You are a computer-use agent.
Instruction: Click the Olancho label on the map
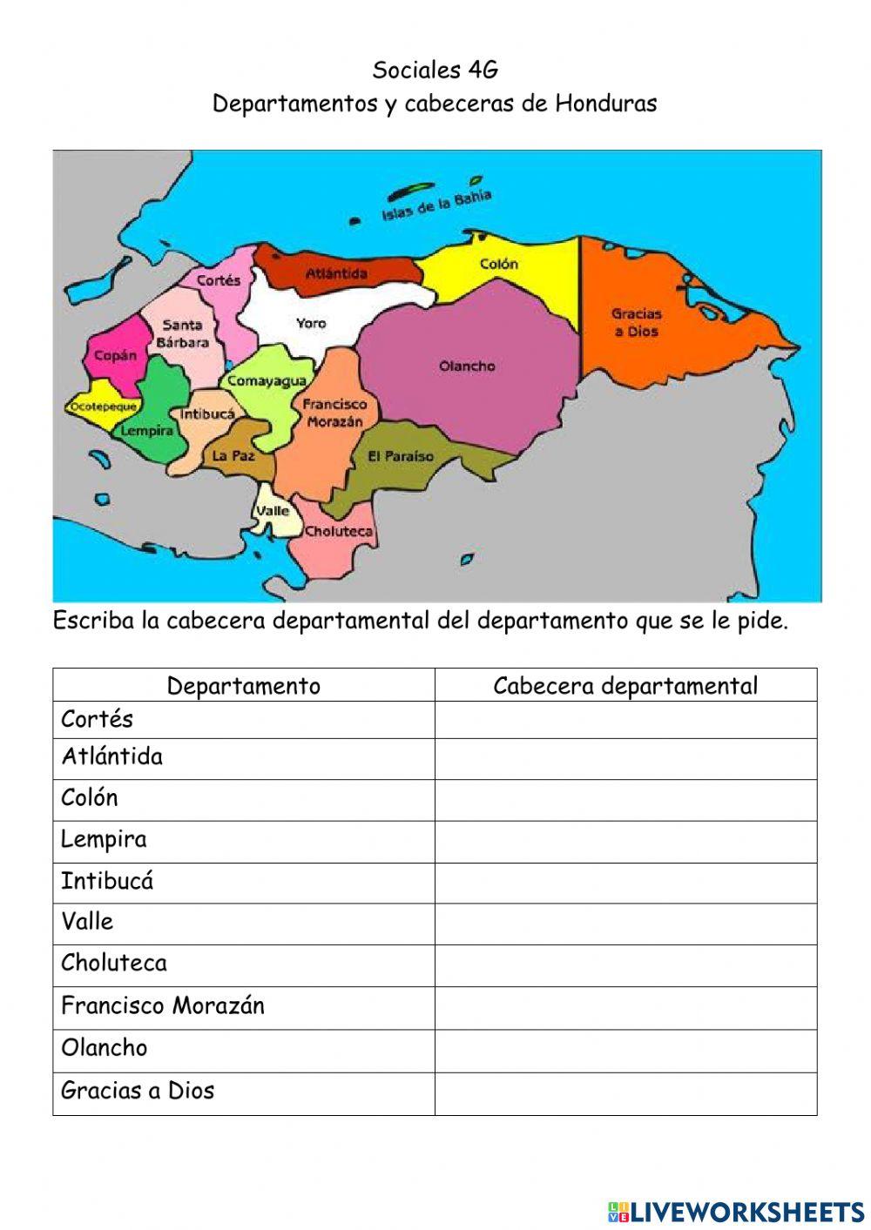click(467, 366)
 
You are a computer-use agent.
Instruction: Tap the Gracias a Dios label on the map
click(636, 322)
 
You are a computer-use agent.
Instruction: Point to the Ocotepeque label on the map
click(102, 407)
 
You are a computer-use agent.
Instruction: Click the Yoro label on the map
click(311, 323)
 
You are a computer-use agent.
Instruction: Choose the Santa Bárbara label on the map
click(182, 333)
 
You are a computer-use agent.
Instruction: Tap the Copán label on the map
click(115, 355)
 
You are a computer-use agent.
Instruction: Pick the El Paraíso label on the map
click(400, 456)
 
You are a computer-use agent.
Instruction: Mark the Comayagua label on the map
click(267, 380)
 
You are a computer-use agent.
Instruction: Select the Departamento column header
click(243, 686)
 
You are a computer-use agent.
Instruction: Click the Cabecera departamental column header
click(625, 686)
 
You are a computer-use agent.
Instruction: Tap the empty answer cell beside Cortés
click(625, 720)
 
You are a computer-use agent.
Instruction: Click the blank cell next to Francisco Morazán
click(625, 1007)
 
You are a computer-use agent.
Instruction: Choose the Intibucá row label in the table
click(107, 881)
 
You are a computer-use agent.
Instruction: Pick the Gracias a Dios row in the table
click(138, 1091)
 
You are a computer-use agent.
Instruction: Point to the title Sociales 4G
click(435, 69)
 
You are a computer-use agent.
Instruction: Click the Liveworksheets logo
click(735, 1211)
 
